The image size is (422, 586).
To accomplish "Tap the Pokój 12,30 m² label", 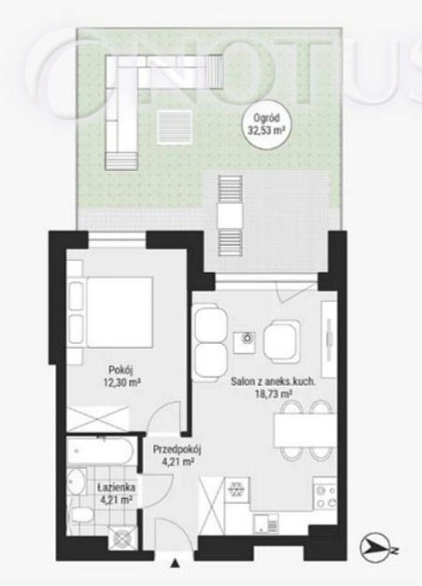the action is (120, 376).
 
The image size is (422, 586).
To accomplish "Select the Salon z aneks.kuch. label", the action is (273, 382).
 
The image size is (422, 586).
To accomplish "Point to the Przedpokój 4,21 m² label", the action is (176, 455).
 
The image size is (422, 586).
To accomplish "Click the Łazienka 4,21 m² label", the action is (116, 493).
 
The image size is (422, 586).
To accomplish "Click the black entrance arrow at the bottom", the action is (175, 563).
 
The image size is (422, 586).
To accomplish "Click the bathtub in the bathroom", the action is (101, 450).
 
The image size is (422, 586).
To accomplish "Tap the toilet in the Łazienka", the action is (80, 515).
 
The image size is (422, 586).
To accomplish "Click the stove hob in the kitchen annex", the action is (325, 496).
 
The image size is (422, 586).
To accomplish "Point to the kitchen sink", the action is (265, 523).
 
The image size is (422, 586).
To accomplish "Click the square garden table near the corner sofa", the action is (175, 127).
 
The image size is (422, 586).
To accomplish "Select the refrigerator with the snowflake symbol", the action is (236, 489).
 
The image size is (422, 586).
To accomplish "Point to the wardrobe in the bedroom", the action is (98, 420).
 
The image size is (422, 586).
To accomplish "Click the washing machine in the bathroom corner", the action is (120, 537).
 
